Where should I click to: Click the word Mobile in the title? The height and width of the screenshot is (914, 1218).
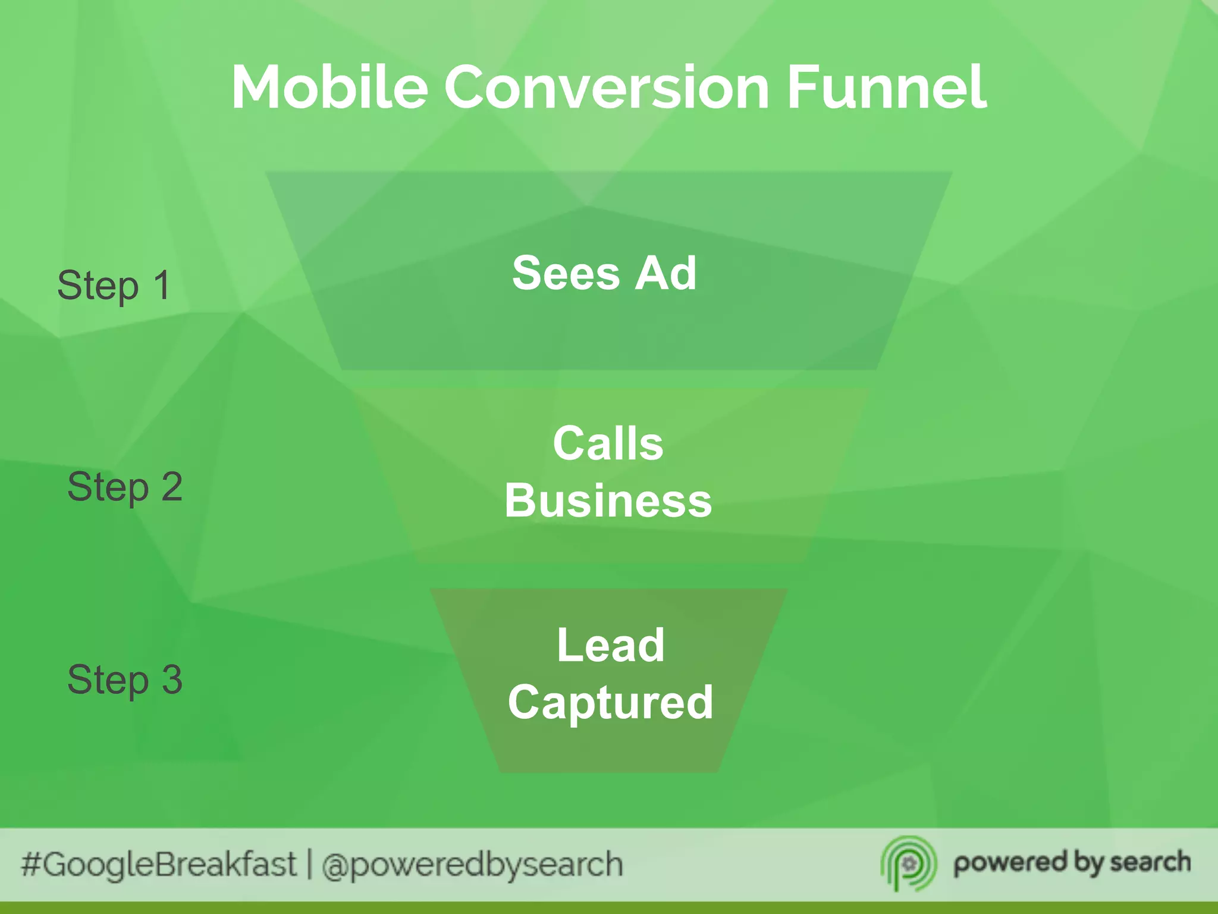pyautogui.click(x=329, y=87)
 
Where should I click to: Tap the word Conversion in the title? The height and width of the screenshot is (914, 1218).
pyautogui.click(x=607, y=87)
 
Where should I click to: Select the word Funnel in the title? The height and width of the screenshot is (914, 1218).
pyautogui.click(x=887, y=87)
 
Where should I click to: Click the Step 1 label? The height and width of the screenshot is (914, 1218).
pyautogui.click(x=114, y=286)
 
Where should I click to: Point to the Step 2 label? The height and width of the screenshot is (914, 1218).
pyautogui.click(x=124, y=487)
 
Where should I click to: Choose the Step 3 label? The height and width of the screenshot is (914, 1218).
pyautogui.click(x=124, y=680)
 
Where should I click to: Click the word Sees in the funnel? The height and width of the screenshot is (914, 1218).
pyautogui.click(x=566, y=273)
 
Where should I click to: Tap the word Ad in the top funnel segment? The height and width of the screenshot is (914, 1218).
pyautogui.click(x=665, y=273)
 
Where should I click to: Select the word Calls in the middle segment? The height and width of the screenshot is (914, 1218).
pyautogui.click(x=608, y=443)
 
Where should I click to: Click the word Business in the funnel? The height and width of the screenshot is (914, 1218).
pyautogui.click(x=608, y=500)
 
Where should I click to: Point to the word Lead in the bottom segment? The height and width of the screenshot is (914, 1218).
pyautogui.click(x=610, y=645)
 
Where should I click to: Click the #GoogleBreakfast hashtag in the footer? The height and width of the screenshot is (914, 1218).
pyautogui.click(x=158, y=865)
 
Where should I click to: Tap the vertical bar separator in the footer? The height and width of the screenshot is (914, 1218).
pyautogui.click(x=309, y=865)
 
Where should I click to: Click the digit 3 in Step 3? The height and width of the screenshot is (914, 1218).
pyautogui.click(x=172, y=680)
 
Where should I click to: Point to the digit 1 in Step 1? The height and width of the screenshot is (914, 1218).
pyautogui.click(x=162, y=285)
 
